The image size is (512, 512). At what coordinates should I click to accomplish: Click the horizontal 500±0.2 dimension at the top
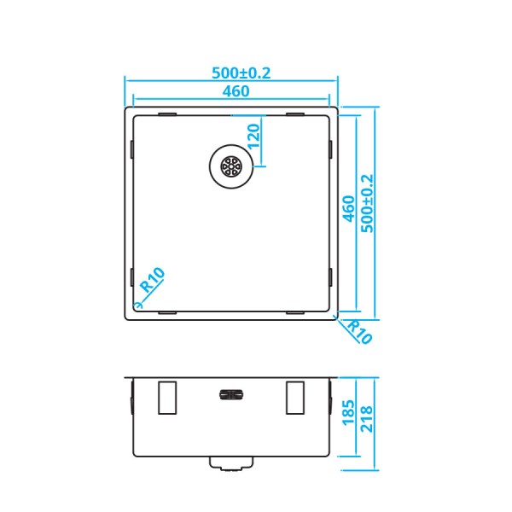point(232,73)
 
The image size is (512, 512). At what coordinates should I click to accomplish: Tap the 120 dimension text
point(253,136)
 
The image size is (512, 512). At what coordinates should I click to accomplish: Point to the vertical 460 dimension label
point(348,209)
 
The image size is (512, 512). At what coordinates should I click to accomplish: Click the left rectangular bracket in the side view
point(167,397)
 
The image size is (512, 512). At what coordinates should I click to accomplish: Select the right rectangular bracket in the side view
point(295,397)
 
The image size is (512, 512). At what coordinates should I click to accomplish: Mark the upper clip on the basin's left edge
point(131,148)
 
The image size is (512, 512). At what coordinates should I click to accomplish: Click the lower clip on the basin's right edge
point(331,276)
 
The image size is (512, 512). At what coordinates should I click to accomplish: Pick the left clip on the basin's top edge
point(167,113)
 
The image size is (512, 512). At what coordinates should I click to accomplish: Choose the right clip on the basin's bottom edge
point(295,312)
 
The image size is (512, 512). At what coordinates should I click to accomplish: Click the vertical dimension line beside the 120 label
point(262,137)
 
